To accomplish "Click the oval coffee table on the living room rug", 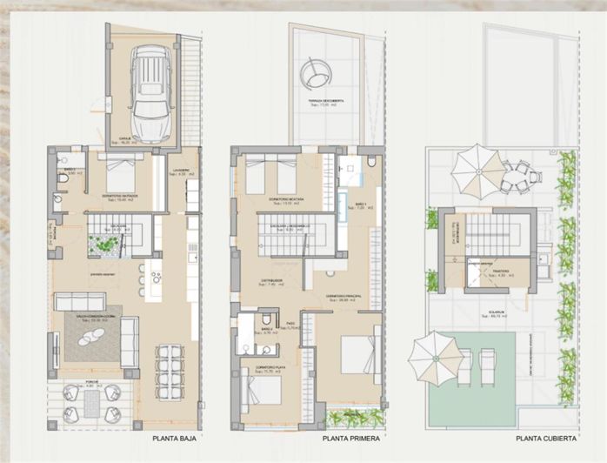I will [91, 338].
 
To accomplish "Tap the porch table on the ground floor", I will [92, 401].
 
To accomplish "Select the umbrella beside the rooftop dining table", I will [475, 170].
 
